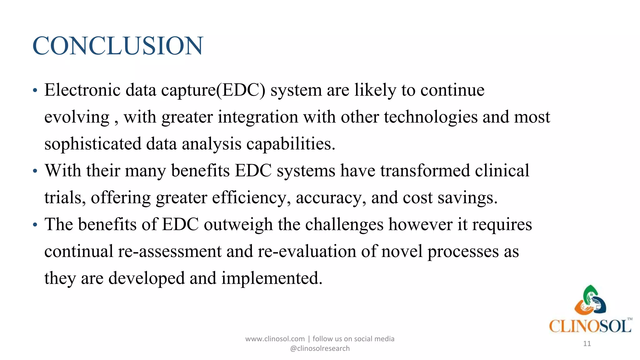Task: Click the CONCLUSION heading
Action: pos(118,46)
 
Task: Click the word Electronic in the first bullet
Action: pos(82,90)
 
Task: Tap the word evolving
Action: pos(77,117)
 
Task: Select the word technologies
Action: pos(431,117)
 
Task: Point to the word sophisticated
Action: pos(93,144)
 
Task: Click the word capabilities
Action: pos(291,144)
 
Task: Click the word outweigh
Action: pos(238,225)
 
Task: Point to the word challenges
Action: pos(344,225)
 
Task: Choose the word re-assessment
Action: pos(169,252)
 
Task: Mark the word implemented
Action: pos(272,278)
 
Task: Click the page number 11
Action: pos(587,344)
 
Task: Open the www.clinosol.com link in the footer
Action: pos(275,339)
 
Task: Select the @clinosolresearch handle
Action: pos(320,348)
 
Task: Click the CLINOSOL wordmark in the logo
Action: pos(590,326)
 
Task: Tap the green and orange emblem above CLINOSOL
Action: pos(590,300)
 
